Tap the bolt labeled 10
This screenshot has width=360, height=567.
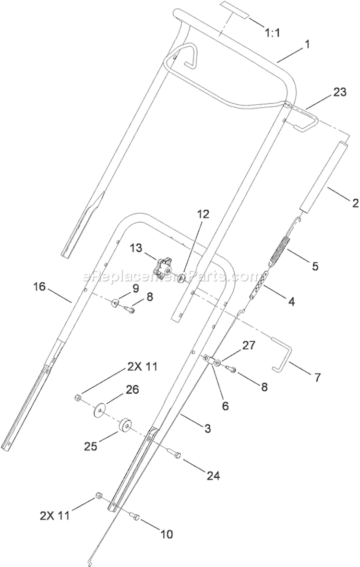(x=134, y=518)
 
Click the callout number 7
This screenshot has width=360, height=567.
(x=316, y=378)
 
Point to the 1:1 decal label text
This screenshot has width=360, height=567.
(x=273, y=33)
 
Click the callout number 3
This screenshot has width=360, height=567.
(x=207, y=429)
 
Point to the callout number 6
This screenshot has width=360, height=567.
(x=225, y=406)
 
